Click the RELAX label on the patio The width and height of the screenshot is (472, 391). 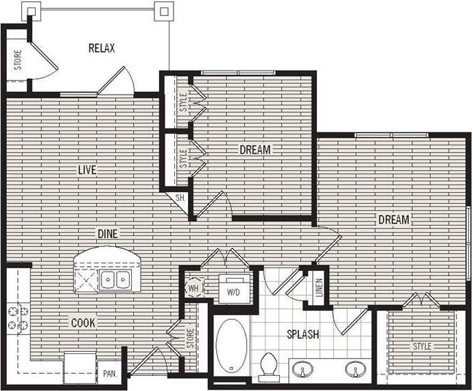point(102,48)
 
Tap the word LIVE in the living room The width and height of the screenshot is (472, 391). point(86,169)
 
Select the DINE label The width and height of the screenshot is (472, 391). point(107,234)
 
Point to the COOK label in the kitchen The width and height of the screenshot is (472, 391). point(82,322)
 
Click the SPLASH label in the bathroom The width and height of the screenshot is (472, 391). point(303,335)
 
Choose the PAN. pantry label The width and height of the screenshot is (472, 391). point(108,375)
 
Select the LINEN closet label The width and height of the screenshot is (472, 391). point(319,291)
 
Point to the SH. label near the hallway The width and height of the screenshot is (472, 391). point(180,198)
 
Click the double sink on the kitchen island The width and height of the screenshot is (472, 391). point(116,279)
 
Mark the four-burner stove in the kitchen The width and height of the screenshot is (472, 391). point(17,318)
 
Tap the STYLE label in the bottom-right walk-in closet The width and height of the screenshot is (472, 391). point(422,347)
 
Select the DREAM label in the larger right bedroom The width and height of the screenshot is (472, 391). point(393,220)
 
